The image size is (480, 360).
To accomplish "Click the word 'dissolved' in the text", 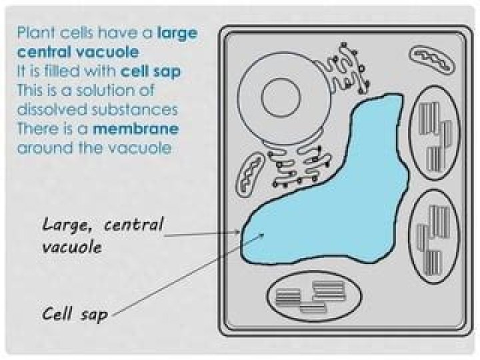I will pyautogui.click(x=47, y=109).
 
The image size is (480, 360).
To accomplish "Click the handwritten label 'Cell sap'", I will pyautogui.click(x=74, y=313).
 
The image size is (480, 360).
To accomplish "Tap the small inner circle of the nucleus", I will pyautogui.click(x=283, y=97).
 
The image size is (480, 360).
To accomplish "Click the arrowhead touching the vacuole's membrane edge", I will pyautogui.click(x=239, y=233).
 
